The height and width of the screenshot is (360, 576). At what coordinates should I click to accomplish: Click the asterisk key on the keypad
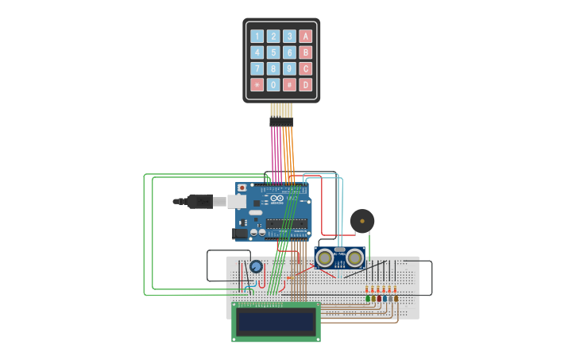pyautogui.click(x=257, y=85)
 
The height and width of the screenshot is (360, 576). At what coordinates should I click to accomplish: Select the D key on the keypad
pyautogui.click(x=305, y=85)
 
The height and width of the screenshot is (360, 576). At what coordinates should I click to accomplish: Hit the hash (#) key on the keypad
pyautogui.click(x=289, y=85)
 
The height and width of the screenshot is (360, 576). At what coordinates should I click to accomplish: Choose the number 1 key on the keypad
pyautogui.click(x=257, y=36)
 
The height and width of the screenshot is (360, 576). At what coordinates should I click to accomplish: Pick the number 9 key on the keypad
pyautogui.click(x=289, y=68)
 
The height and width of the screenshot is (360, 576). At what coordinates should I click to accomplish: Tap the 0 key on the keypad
pyautogui.click(x=273, y=85)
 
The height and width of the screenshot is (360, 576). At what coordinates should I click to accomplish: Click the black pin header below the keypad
pyautogui.click(x=281, y=122)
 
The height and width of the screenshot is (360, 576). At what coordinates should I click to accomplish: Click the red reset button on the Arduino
pyautogui.click(x=242, y=188)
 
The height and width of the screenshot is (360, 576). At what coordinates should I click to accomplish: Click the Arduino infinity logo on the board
pyautogui.click(x=276, y=198)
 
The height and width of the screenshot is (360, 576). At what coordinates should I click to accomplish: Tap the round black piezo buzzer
pyautogui.click(x=362, y=221)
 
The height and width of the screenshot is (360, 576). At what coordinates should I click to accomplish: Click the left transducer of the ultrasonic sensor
pyautogui.click(x=325, y=257)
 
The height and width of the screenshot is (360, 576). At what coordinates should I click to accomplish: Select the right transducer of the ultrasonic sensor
pyautogui.click(x=354, y=257)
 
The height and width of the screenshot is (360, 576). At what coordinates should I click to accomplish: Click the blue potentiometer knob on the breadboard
pyautogui.click(x=256, y=267)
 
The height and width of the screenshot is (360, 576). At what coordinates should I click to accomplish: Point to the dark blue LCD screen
pyautogui.click(x=276, y=322)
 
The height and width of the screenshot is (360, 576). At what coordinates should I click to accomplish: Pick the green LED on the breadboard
pyautogui.click(x=368, y=299)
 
